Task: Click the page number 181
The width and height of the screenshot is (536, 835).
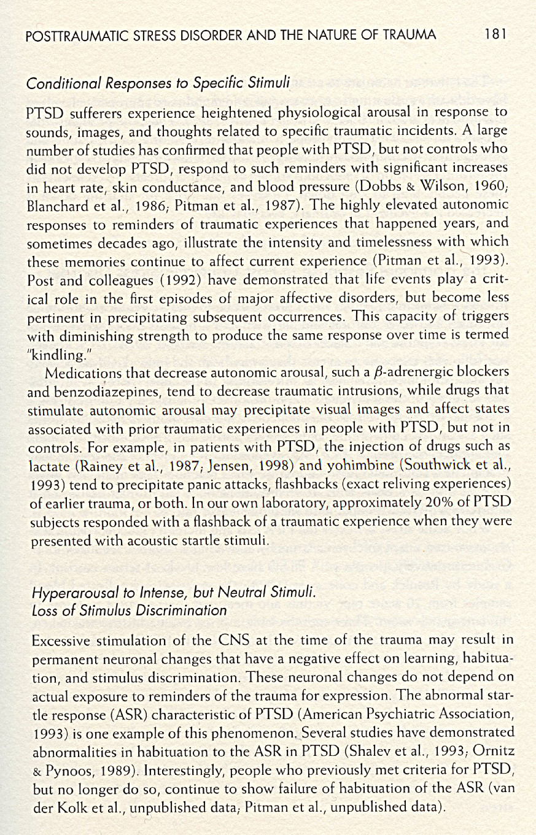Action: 494,35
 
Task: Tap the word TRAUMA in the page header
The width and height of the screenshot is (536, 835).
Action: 409,35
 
